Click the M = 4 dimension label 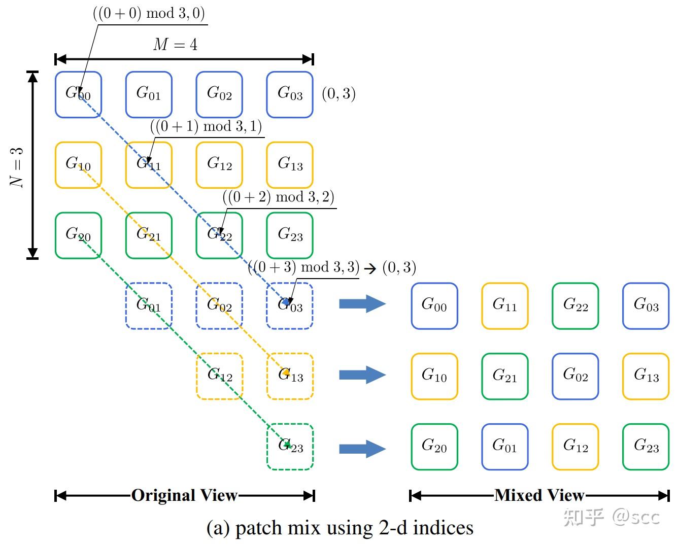point(175,45)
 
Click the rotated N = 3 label point(17,168)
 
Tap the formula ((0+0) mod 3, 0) point(149,13)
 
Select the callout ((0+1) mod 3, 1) point(206,126)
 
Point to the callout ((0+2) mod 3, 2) point(278,196)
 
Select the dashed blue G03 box point(290,306)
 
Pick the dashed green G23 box point(290,447)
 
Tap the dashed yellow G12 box point(220,376)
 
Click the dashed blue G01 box point(149,306)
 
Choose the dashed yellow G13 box point(290,376)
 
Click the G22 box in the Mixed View point(575,306)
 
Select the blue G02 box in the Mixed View point(575,376)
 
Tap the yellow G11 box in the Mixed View point(504,306)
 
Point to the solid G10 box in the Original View point(78,165)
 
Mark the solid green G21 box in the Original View point(149,235)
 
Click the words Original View point(184,495)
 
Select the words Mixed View point(539,495)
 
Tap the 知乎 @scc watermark point(612,517)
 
